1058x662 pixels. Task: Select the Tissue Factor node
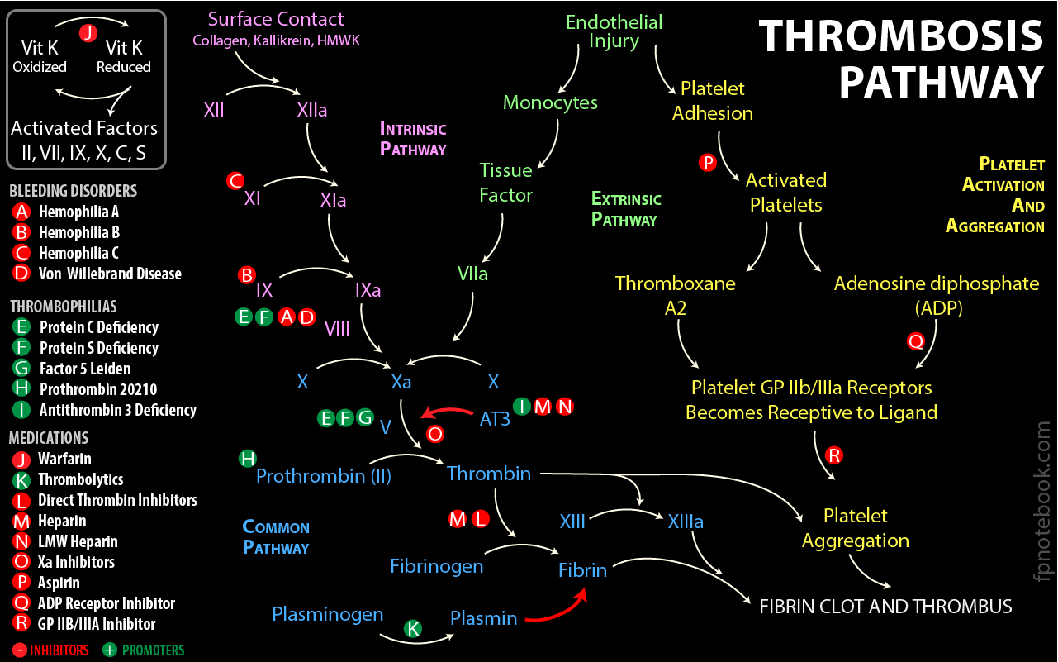click(x=505, y=183)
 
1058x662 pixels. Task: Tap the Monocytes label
click(x=550, y=103)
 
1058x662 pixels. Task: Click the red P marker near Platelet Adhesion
click(x=707, y=163)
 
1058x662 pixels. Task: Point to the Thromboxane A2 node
click(x=675, y=295)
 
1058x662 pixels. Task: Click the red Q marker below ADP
click(x=915, y=341)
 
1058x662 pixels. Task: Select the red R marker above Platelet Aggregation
click(x=834, y=455)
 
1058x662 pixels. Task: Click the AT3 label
click(x=495, y=419)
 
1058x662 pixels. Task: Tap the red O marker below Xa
click(x=434, y=433)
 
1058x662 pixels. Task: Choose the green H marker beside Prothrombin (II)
click(x=247, y=458)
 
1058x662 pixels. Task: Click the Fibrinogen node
click(x=436, y=566)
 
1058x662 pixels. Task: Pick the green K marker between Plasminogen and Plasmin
click(x=413, y=628)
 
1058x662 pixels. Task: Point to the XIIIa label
click(x=686, y=522)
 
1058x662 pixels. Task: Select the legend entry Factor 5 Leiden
click(x=83, y=369)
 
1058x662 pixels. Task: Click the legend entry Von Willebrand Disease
click(x=109, y=274)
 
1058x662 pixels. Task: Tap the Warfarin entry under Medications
click(x=64, y=459)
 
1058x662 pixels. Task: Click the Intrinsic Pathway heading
click(x=413, y=139)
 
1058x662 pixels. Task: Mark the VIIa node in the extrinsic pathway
click(x=472, y=274)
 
